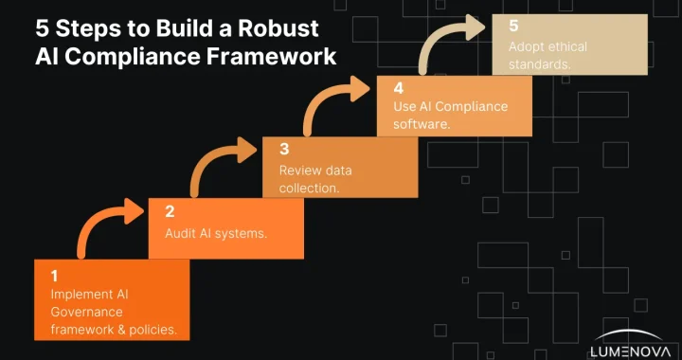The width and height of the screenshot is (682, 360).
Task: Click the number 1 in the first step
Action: [55, 276]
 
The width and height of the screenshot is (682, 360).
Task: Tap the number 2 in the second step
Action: [170, 212]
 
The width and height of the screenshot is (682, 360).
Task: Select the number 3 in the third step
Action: [283, 149]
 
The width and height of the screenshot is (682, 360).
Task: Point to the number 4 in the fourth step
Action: [398, 86]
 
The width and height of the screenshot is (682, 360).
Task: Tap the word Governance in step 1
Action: [88, 312]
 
